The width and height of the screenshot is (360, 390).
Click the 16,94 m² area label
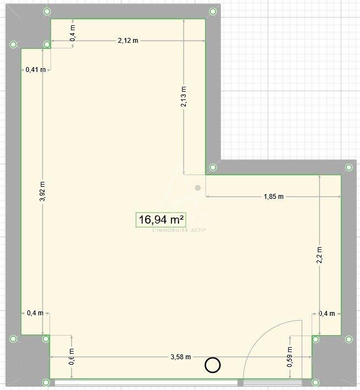161,220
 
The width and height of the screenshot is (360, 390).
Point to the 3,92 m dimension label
42,192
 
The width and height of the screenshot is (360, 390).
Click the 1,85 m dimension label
273,196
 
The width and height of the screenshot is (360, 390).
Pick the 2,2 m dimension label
319,255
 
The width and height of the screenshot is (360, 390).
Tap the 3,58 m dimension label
180,357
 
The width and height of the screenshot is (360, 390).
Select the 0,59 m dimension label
290,357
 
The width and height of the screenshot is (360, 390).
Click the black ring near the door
212,365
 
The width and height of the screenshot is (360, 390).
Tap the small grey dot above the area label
198,188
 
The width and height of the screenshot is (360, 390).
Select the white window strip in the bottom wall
146,382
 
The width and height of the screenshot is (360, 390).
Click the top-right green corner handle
213,11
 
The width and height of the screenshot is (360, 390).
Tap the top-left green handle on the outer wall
47,11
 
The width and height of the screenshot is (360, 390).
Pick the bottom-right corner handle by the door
315,382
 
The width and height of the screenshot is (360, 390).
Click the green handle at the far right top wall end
348,167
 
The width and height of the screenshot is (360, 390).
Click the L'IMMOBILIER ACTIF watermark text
179,230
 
